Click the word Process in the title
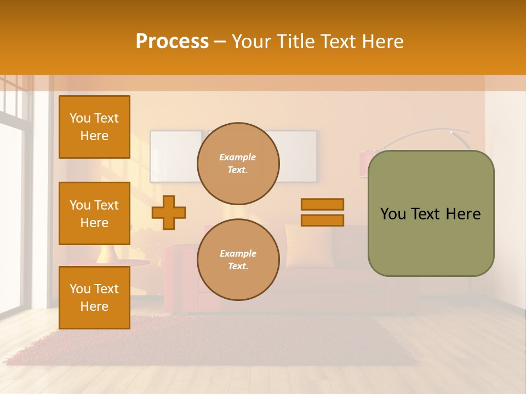point(172,42)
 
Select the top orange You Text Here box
point(94,127)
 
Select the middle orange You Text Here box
point(94,213)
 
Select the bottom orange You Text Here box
point(94,297)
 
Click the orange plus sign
point(169,212)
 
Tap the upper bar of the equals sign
point(322,204)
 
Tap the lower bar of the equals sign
point(322,220)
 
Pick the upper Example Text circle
point(238,163)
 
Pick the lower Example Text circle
point(238,259)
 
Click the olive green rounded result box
point(431,241)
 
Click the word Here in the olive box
point(463,214)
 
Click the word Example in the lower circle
point(238,253)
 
